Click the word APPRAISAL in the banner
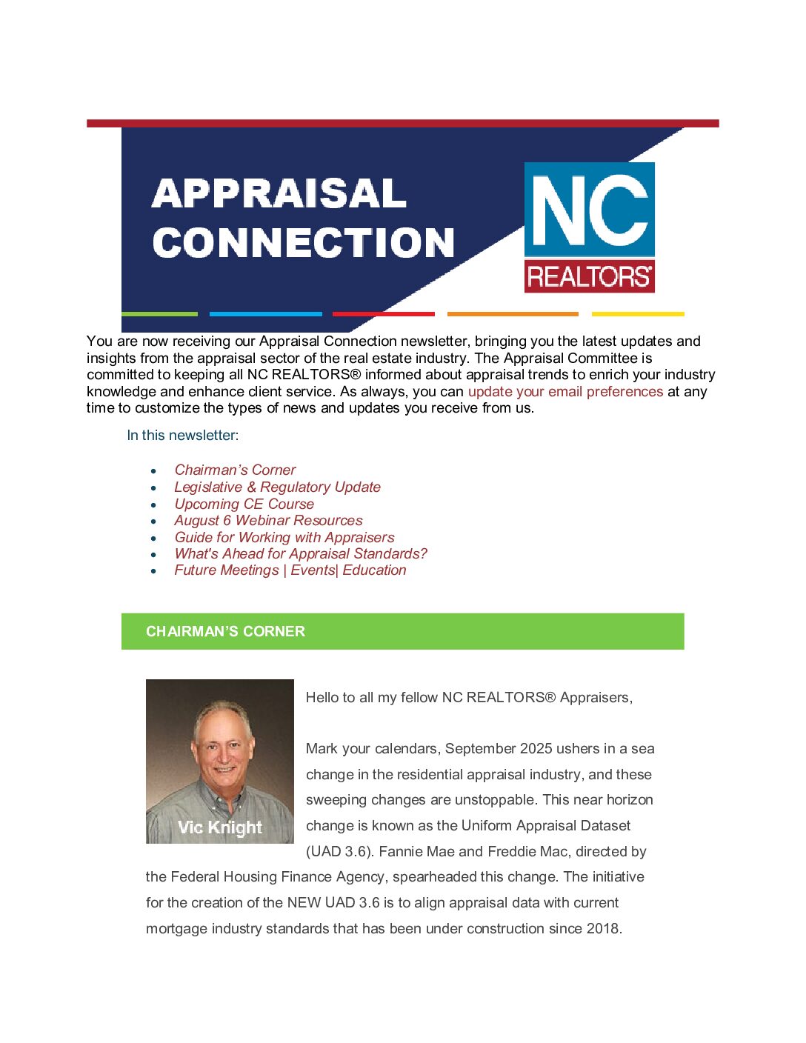[x=279, y=194]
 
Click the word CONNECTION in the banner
[x=303, y=243]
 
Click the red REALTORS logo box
[x=589, y=276]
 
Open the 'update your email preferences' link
[x=565, y=391]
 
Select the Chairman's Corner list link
[x=235, y=470]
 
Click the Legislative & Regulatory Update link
[x=277, y=487]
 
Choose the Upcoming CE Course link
[x=244, y=504]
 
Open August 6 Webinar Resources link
[x=268, y=520]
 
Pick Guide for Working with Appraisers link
[x=284, y=537]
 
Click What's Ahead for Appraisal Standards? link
[x=301, y=553]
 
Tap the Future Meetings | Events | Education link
[x=290, y=570]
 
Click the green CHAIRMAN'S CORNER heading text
[x=225, y=631]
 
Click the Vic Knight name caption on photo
[x=220, y=827]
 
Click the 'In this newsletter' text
[x=182, y=435]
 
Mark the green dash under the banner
[x=159, y=314]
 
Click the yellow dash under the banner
[x=637, y=314]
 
